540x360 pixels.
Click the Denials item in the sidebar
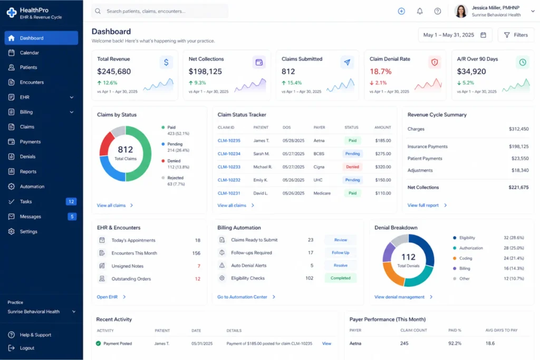click(27, 157)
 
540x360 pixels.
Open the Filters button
click(515, 35)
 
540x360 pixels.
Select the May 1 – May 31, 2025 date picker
click(455, 35)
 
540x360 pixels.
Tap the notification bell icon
click(420, 11)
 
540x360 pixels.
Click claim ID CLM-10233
click(229, 167)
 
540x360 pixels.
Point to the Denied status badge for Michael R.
click(352, 167)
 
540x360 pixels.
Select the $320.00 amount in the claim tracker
click(382, 167)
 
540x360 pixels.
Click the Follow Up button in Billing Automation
click(340, 252)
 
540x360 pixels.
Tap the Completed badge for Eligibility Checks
click(340, 278)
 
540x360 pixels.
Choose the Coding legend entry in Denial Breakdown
click(466, 258)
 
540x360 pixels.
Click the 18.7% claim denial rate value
click(381, 71)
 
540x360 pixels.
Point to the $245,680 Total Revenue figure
click(114, 71)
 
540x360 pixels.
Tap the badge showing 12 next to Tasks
click(71, 201)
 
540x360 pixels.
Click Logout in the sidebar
click(27, 348)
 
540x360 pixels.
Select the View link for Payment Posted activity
click(326, 344)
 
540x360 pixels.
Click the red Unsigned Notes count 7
click(199, 266)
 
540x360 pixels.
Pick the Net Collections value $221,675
click(518, 187)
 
